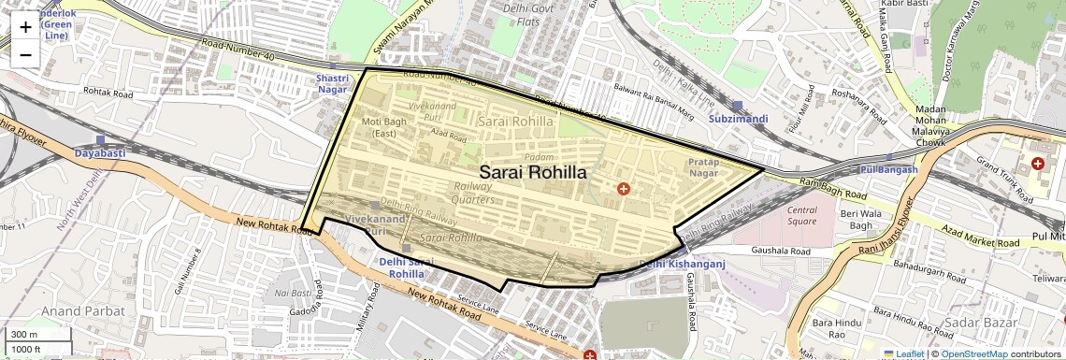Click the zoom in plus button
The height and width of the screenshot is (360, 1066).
pos(25,27)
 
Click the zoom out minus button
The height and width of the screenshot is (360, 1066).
pos(25,55)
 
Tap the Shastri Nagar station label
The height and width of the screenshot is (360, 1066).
pos(333,83)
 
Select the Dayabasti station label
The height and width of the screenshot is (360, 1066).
pos(100,151)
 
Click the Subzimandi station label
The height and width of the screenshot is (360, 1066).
pos(738,119)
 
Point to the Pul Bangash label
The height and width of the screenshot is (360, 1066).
pos(886,169)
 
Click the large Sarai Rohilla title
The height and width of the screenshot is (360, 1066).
pos(533,173)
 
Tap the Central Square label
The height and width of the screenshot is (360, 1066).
pos(802,215)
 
